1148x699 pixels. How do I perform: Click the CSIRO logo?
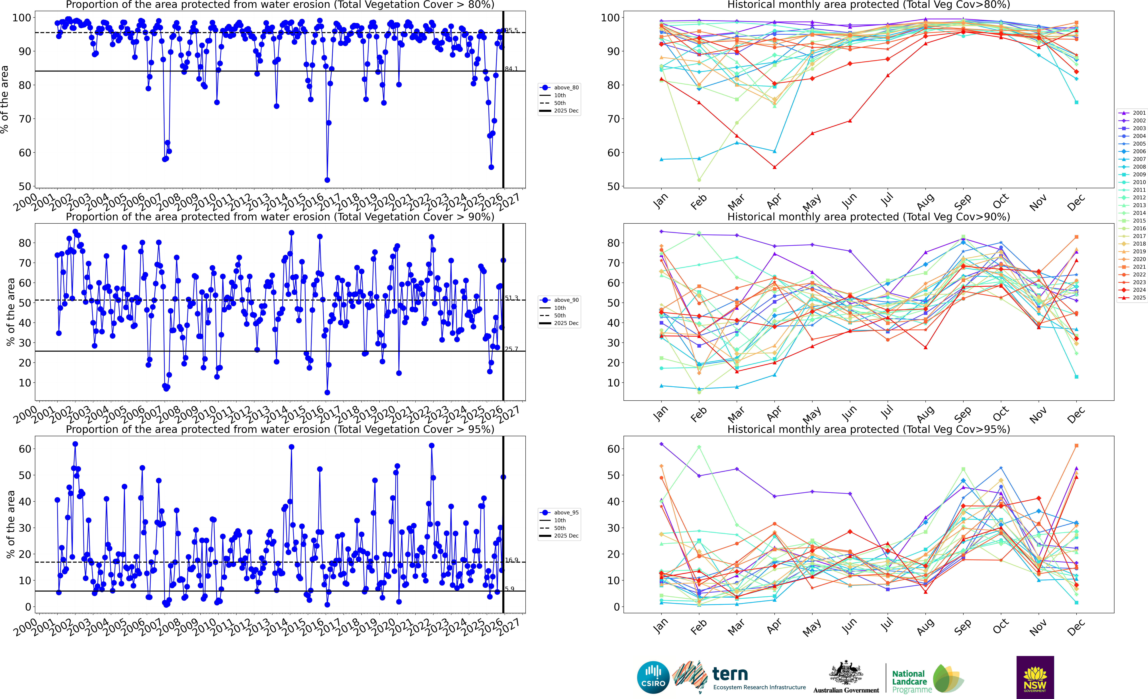coord(653,677)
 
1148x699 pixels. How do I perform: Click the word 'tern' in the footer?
coord(730,673)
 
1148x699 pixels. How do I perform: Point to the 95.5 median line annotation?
coord(512,30)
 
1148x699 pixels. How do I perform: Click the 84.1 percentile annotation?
coord(512,68)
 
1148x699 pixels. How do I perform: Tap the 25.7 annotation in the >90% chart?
coord(512,349)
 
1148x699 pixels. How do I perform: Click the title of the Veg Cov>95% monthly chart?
coord(869,429)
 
